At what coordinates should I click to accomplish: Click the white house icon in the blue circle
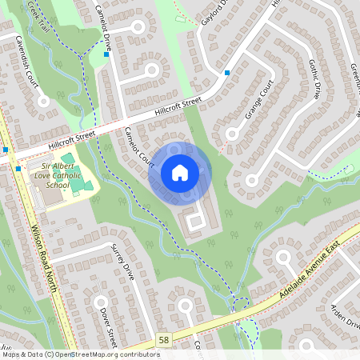pos(180,172)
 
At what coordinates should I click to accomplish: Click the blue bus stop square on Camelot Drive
pos(106,55)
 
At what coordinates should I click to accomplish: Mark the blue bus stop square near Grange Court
pos(228,73)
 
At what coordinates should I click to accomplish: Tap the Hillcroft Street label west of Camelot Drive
pos(72,142)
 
